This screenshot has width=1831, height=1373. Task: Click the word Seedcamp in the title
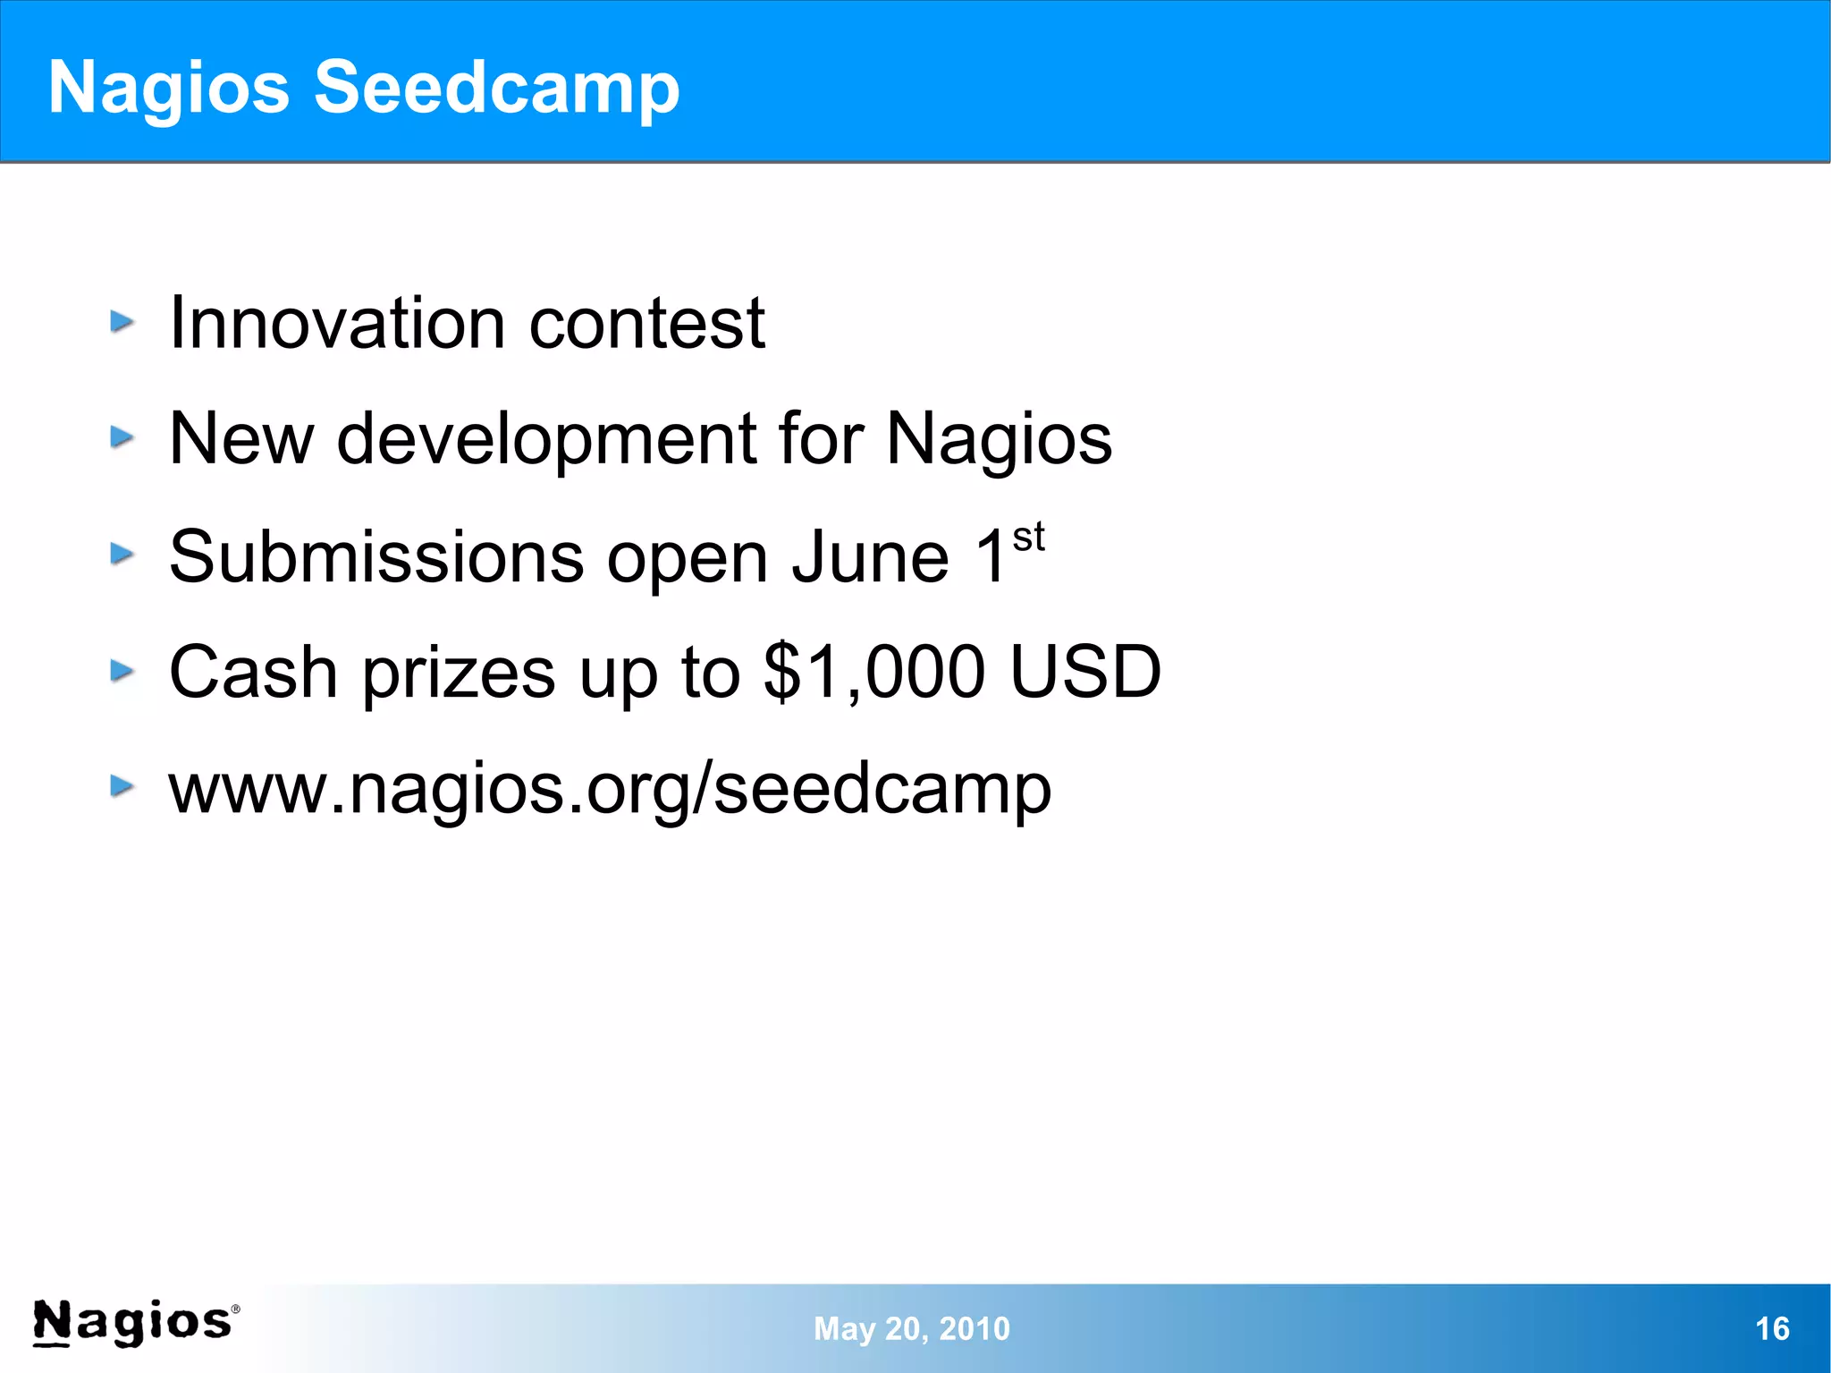click(x=496, y=88)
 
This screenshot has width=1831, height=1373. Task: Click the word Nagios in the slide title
click(x=169, y=88)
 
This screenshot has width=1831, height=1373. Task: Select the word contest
click(x=647, y=323)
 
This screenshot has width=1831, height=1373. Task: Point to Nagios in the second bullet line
click(x=999, y=439)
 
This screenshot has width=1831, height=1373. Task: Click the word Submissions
click(x=376, y=556)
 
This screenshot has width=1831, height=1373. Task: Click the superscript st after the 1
click(x=1028, y=538)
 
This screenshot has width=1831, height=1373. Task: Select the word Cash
click(x=253, y=672)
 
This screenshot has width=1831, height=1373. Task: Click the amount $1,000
click(x=874, y=672)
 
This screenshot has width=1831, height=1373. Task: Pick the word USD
click(x=1085, y=672)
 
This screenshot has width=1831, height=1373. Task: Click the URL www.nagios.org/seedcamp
click(x=610, y=789)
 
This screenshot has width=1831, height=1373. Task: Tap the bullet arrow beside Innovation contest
click(x=122, y=321)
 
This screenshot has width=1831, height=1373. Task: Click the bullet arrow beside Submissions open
click(x=122, y=554)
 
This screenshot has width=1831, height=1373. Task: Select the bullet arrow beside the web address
click(x=122, y=786)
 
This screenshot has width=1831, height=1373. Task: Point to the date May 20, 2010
click(x=911, y=1328)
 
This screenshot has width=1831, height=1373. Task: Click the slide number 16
click(x=1772, y=1328)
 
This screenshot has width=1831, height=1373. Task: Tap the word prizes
click(x=459, y=672)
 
